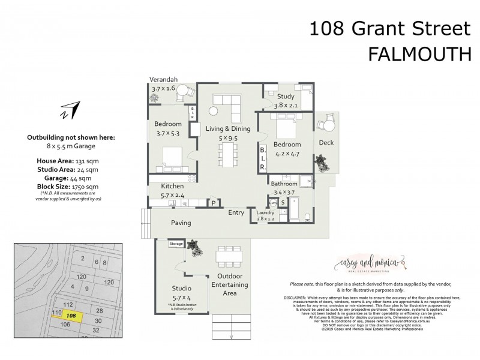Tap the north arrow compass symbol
[70, 110]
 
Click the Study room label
[286, 96]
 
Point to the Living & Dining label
[227, 128]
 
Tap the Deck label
[326, 143]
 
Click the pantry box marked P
[212, 203]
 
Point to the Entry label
[236, 212]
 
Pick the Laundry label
[265, 213]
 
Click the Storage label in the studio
[176, 244]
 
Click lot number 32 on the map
[95, 331]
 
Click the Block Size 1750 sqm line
[71, 185]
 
